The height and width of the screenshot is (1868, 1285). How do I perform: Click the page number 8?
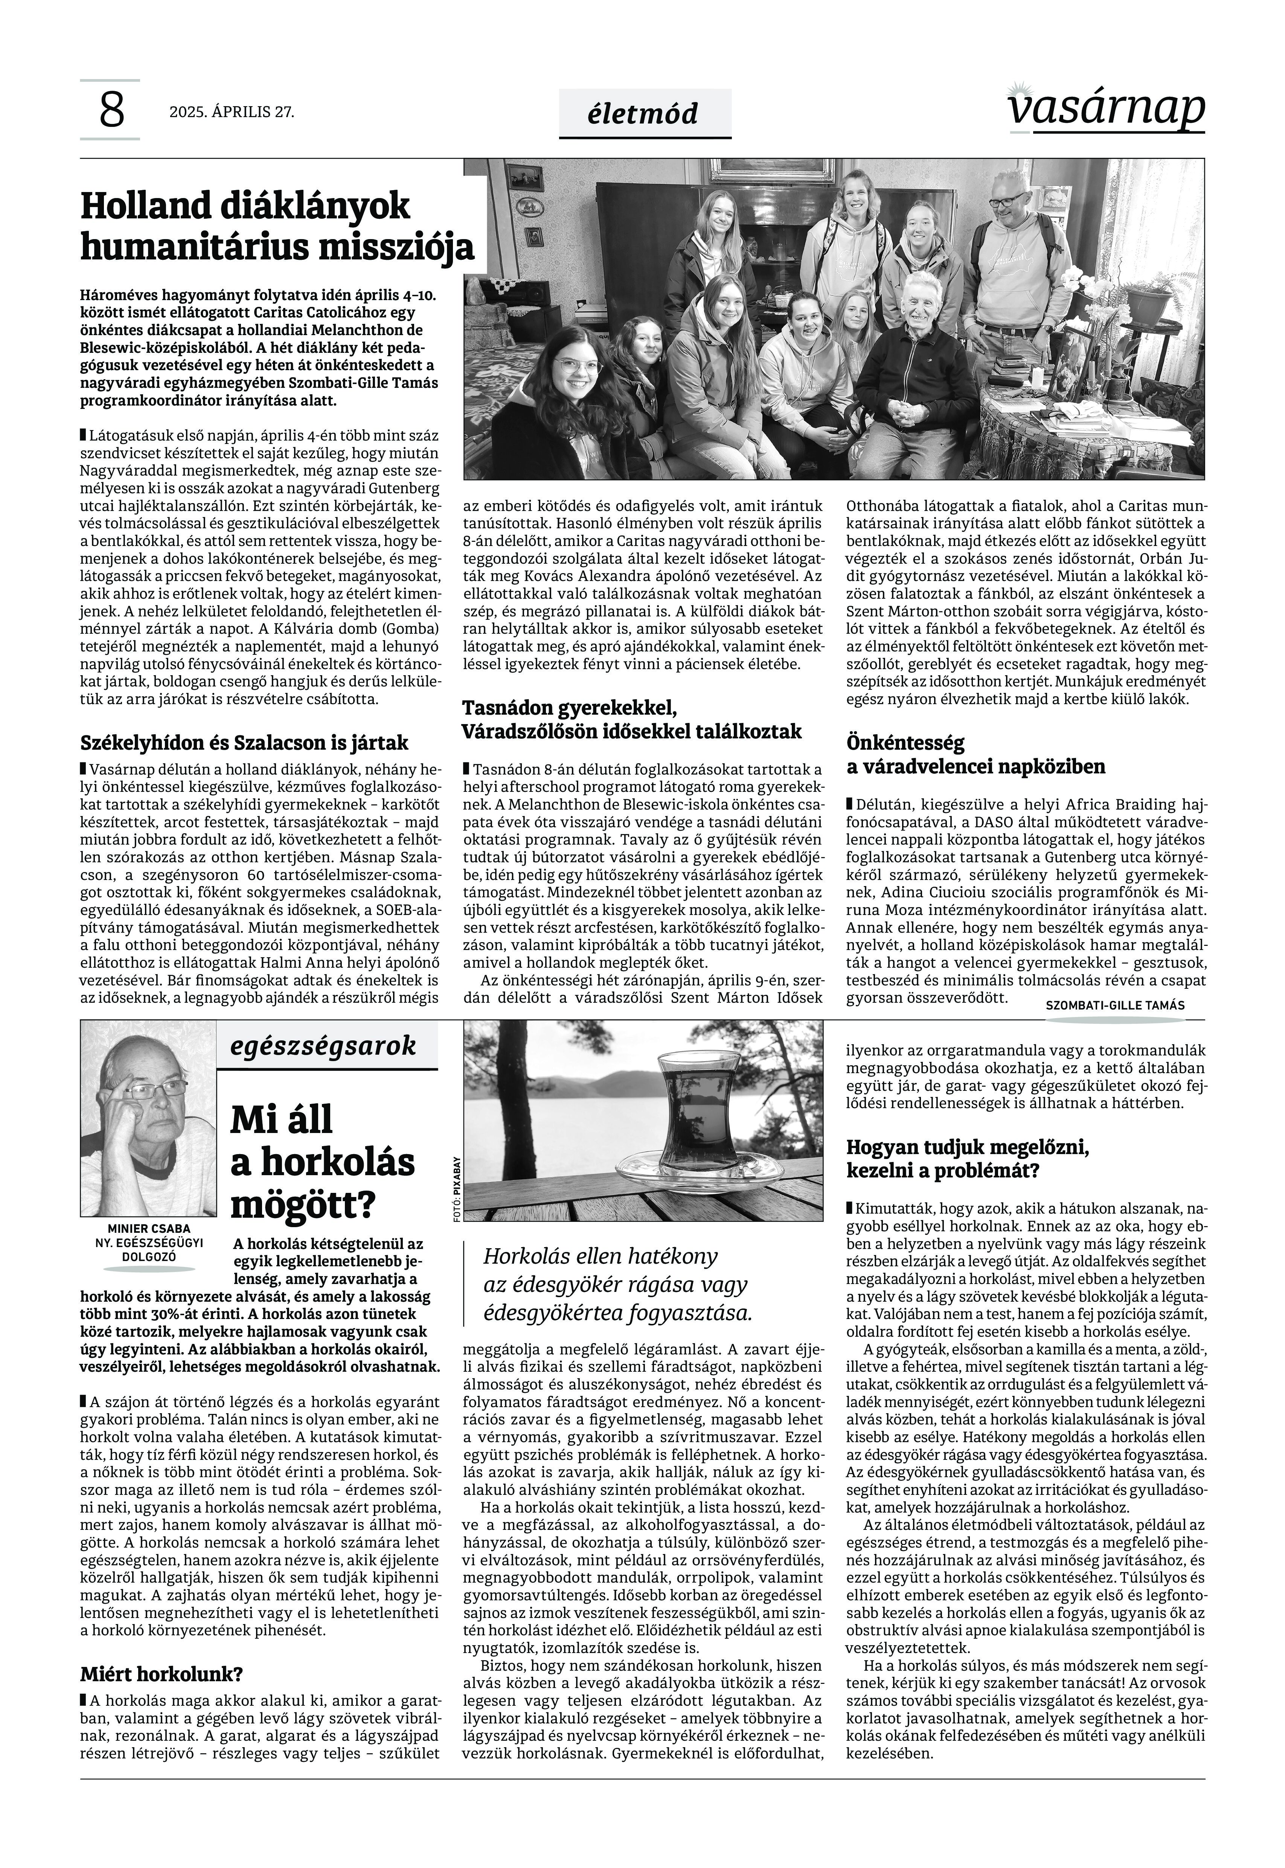tap(111, 111)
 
